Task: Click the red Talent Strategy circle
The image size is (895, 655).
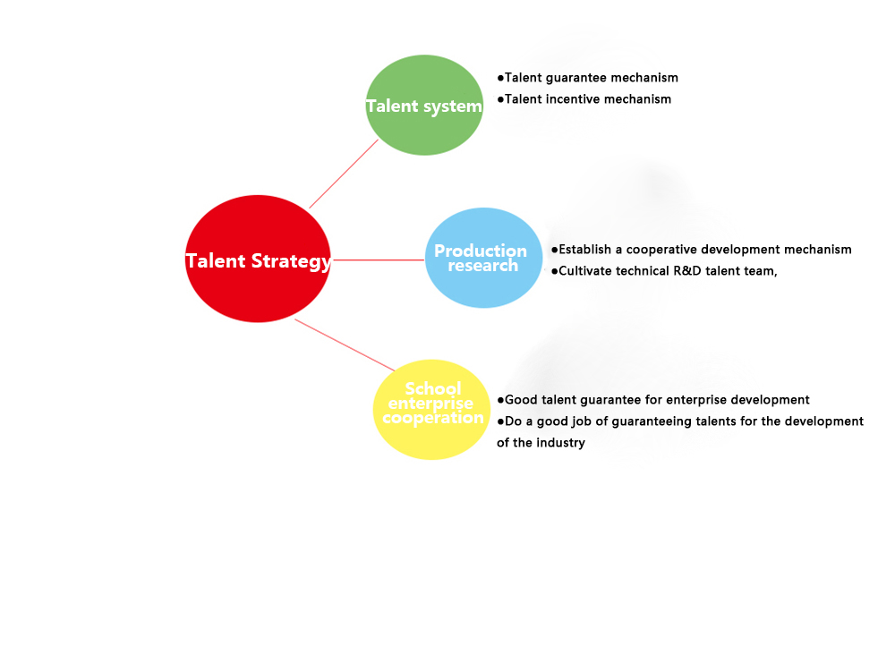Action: point(258,259)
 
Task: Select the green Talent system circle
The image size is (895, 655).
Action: point(424,105)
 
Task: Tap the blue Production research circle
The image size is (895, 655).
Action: point(483,258)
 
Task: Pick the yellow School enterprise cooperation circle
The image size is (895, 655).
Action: point(431,410)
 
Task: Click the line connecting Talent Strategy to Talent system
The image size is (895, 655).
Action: point(344,174)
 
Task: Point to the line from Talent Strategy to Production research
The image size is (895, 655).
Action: point(378,259)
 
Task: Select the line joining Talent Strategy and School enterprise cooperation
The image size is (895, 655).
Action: point(345,345)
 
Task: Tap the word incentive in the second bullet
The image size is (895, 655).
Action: point(573,99)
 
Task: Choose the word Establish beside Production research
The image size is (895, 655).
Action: point(585,250)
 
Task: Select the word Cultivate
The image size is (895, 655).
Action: point(584,270)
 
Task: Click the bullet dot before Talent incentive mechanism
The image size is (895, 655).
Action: point(500,99)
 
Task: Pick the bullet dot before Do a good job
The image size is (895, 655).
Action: point(500,421)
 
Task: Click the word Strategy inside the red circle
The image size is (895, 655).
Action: point(291,261)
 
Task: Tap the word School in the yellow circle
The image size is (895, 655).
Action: point(432,388)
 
